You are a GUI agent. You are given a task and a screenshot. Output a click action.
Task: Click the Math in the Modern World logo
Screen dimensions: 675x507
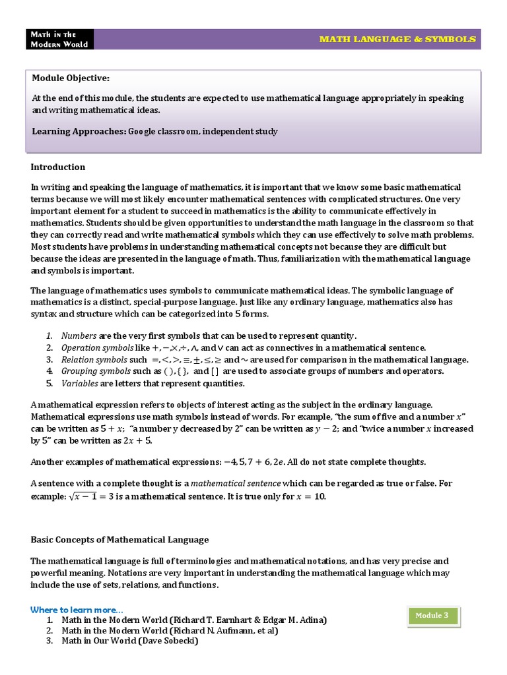click(58, 39)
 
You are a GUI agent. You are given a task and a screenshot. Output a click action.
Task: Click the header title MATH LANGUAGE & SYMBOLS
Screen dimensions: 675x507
click(397, 39)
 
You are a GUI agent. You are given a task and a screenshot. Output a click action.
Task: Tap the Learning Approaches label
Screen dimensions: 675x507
click(79, 131)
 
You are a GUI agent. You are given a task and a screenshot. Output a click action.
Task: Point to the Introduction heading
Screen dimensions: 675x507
click(58, 167)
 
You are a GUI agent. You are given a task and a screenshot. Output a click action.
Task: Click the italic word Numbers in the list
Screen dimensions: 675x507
click(78, 335)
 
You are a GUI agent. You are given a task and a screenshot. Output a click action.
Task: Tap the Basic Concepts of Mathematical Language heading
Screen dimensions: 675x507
click(119, 539)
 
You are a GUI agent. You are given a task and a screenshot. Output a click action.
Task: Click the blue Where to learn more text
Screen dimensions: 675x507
click(77, 609)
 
